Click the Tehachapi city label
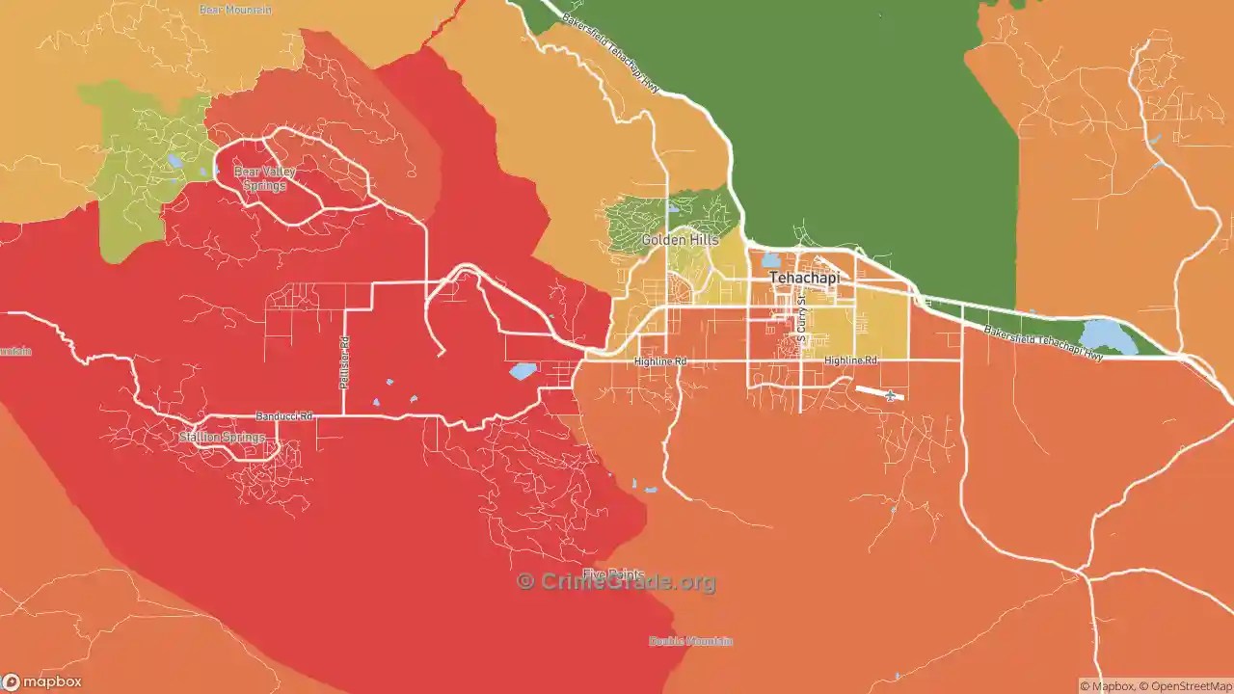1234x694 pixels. point(804,278)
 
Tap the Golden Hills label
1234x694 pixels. point(680,240)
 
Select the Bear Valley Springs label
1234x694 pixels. point(264,178)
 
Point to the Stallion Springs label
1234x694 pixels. point(222,438)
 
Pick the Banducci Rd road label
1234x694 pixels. point(284,416)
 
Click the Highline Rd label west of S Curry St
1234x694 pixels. point(660,361)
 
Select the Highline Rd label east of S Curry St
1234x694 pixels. point(850,360)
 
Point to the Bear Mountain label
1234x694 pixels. point(234,10)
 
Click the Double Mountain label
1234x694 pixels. point(690,641)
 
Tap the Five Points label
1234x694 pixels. point(613,574)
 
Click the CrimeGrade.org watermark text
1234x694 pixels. point(617,582)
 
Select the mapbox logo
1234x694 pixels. point(42,681)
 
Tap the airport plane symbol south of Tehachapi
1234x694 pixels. point(890,396)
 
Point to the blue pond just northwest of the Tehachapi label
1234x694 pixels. point(770,260)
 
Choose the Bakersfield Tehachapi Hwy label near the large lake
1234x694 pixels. point(1043,343)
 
